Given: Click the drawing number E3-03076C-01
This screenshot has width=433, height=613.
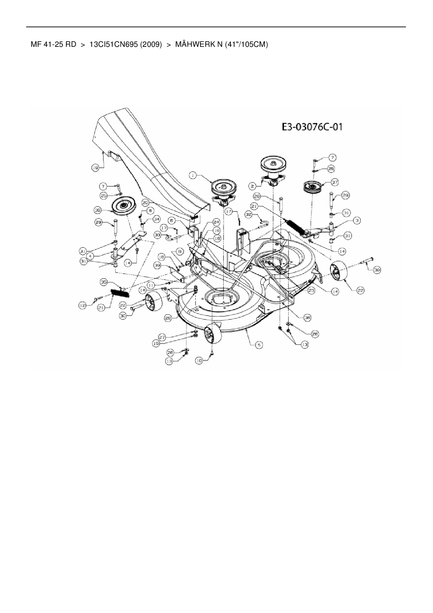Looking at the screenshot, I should coord(312,127).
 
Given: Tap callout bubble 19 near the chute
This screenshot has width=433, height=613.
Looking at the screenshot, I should coord(95,168).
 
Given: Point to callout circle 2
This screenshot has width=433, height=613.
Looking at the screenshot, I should coord(254,186).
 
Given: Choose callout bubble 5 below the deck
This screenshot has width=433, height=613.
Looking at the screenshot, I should coord(258,345).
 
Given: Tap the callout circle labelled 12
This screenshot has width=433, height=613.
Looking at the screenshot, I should coord(82,306).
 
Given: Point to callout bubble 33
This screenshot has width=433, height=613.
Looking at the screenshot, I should coord(158,236).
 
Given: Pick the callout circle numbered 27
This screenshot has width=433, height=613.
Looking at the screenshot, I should coord(162,338).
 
